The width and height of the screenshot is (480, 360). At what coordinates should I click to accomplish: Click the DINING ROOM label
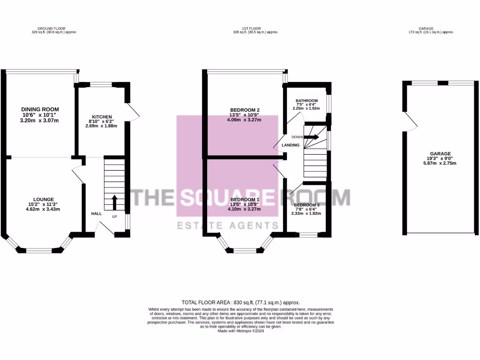tap(39, 109)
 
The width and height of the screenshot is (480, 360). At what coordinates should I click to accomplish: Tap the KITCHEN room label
tap(101, 117)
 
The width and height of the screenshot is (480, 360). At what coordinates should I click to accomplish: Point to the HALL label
tap(96, 213)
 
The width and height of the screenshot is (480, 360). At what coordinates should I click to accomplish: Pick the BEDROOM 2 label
tap(245, 110)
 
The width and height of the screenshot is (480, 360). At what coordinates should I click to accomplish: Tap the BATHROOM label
tap(306, 101)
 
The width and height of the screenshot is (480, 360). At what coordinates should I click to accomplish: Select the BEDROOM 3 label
tap(307, 205)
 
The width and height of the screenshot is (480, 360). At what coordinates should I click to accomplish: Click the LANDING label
tap(291, 145)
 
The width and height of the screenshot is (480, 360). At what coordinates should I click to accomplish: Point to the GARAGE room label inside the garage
tap(441, 154)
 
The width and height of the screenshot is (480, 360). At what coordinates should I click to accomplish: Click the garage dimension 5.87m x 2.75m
tap(441, 163)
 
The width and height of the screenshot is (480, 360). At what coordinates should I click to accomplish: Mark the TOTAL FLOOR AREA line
tap(240, 302)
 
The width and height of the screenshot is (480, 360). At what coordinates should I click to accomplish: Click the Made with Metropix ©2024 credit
tap(240, 331)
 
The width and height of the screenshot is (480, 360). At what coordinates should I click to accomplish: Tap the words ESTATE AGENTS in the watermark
tap(221, 226)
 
